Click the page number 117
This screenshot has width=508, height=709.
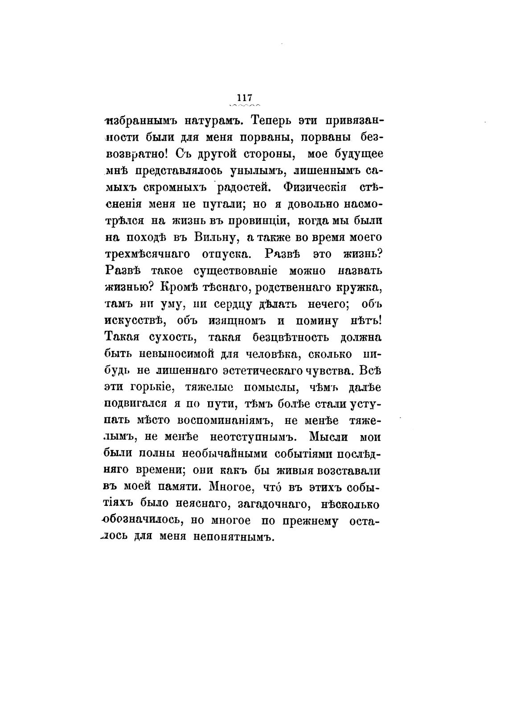[x=245, y=98]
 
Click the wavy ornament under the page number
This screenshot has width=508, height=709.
[x=245, y=106]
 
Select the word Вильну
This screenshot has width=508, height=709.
[x=215, y=238]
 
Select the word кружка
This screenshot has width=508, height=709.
[x=361, y=288]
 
